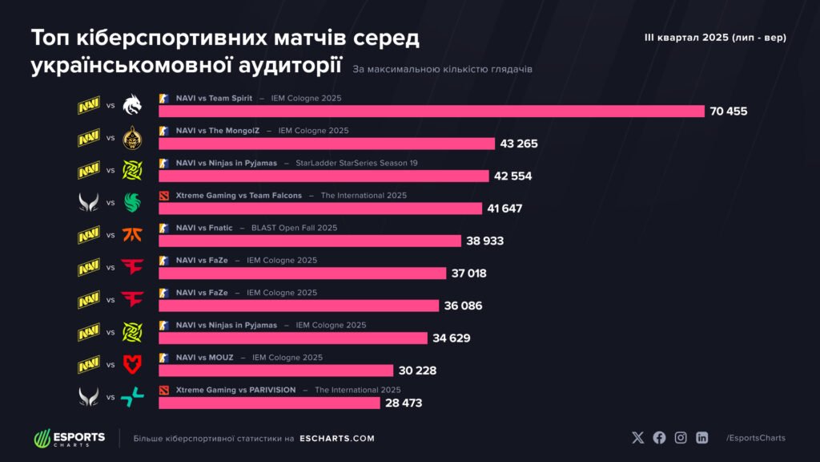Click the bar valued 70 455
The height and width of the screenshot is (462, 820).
[x=431, y=111]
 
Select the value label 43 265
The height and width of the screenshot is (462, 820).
[x=518, y=144]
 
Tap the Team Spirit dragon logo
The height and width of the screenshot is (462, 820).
[x=131, y=106]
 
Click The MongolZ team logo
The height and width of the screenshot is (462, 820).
[x=131, y=138]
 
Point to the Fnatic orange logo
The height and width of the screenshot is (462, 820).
[x=131, y=235]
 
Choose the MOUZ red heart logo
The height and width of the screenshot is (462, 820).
[x=131, y=365]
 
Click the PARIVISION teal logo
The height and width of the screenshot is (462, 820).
[x=131, y=396]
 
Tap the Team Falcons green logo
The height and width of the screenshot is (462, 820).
[x=131, y=202]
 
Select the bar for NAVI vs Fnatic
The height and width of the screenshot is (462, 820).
[x=310, y=241]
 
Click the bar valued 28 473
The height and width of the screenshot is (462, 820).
[x=269, y=403]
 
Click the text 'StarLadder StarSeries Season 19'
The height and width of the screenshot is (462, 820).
[x=356, y=163]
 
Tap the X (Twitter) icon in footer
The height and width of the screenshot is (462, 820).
[x=637, y=438]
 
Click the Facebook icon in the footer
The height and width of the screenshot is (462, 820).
[x=659, y=438]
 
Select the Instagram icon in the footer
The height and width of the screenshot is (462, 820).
[x=681, y=438]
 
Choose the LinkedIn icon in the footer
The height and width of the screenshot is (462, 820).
[x=702, y=438]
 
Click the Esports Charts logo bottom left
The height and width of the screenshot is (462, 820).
[x=70, y=439]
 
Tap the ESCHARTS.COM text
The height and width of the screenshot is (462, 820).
[x=336, y=439]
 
